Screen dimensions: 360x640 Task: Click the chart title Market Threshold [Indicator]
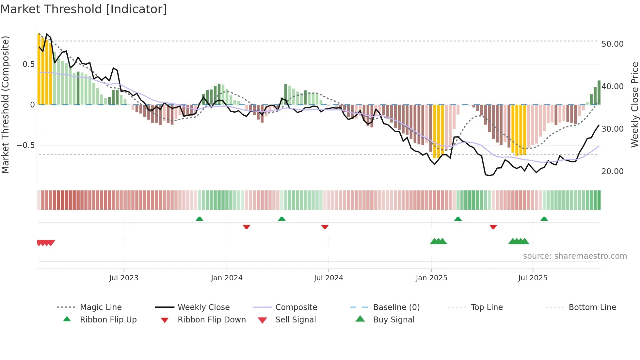click(84, 9)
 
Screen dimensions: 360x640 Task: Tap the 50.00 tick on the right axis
click(612, 44)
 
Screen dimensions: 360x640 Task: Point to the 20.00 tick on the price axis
click(612, 172)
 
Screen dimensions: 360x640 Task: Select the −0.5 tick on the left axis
click(25, 145)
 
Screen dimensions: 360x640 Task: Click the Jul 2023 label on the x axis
click(124, 278)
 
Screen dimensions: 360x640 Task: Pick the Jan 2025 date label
click(431, 278)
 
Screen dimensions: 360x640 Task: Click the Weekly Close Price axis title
click(634, 105)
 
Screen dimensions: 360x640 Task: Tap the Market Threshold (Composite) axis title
click(5, 105)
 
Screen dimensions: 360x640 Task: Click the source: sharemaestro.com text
click(575, 256)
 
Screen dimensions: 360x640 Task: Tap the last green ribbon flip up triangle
click(544, 219)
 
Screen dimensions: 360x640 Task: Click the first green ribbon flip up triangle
click(200, 219)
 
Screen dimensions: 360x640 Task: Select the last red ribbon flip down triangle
click(493, 227)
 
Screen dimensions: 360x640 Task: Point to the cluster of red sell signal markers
click(46, 243)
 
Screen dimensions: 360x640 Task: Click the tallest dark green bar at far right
click(599, 92)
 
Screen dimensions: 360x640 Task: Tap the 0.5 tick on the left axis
click(28, 64)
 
